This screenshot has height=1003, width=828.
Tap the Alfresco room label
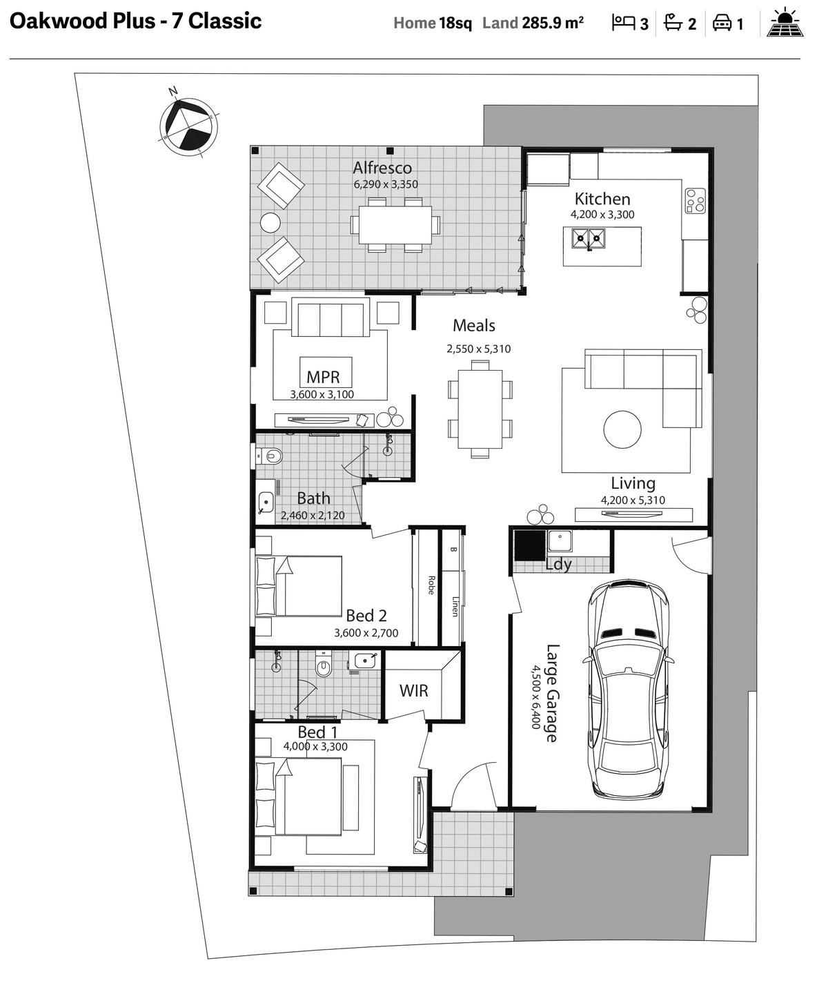[x=382, y=168]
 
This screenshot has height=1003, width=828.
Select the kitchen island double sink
[x=589, y=238]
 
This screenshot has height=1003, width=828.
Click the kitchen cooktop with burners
[x=695, y=201]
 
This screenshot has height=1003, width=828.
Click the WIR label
[x=413, y=691]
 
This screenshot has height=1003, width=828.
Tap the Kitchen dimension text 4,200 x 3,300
[x=602, y=215]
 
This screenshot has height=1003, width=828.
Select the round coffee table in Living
[x=622, y=429]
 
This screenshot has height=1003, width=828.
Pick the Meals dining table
[x=480, y=409]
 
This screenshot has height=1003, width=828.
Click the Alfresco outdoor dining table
[x=395, y=224]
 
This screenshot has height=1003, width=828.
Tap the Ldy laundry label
[x=559, y=564]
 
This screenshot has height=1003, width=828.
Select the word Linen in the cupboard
[x=455, y=606]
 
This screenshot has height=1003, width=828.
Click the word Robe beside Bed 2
[x=431, y=585]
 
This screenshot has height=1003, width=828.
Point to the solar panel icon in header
[x=785, y=22]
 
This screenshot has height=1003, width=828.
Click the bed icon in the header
[x=623, y=23]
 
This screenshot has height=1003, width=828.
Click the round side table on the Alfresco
[x=270, y=223]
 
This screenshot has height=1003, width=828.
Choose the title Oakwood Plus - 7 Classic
[x=135, y=21]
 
